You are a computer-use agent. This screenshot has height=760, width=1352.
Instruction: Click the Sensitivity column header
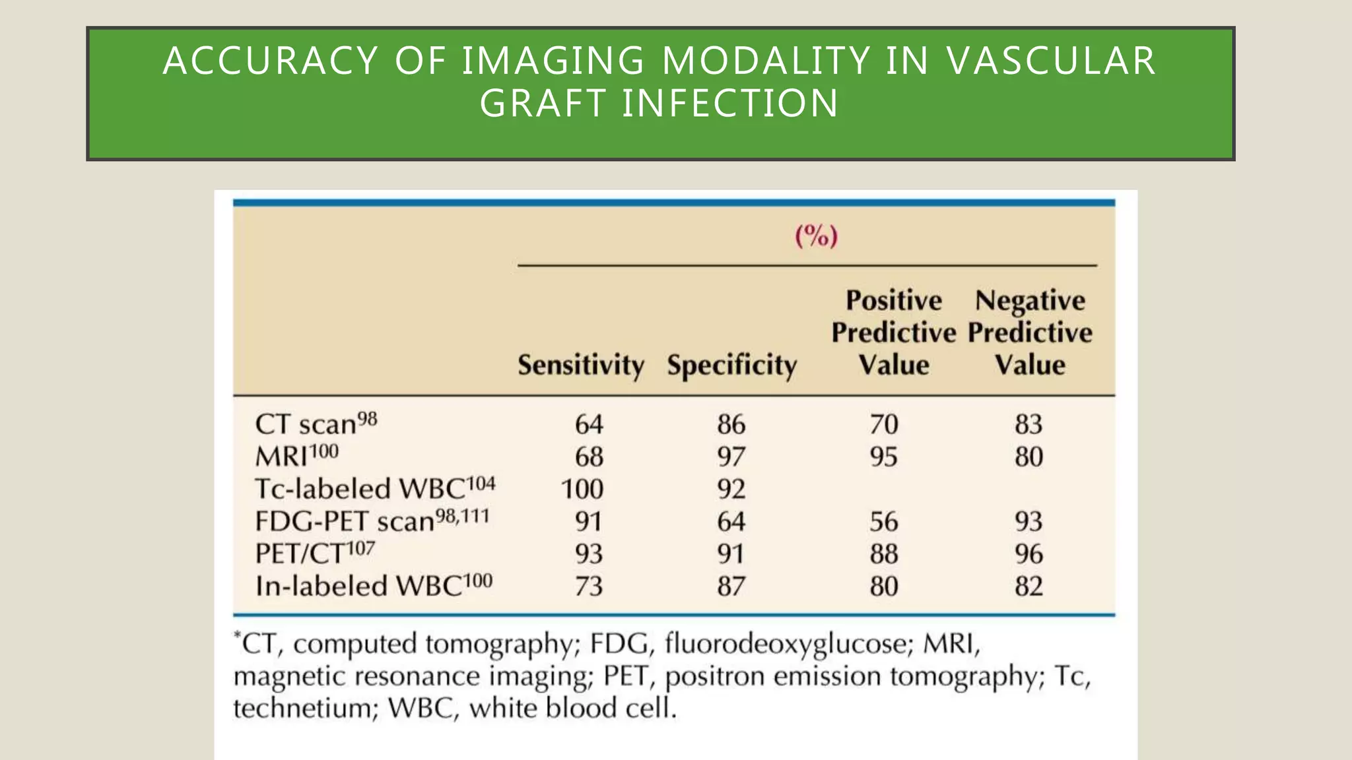[580, 365]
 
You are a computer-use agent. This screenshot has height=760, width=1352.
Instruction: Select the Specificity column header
[731, 365]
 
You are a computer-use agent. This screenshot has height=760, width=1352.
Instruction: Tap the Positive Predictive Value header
[893, 332]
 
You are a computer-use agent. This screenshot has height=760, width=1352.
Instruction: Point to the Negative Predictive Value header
[1030, 332]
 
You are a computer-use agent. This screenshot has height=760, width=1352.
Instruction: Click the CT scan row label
[316, 424]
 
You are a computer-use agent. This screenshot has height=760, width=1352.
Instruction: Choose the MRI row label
[296, 456]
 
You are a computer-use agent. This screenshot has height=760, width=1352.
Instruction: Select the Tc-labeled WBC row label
[374, 488]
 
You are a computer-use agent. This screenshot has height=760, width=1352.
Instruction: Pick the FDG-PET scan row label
[372, 521]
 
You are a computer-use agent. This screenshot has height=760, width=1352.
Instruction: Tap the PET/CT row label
[314, 553]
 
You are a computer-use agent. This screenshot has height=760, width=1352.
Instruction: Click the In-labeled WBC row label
[373, 585]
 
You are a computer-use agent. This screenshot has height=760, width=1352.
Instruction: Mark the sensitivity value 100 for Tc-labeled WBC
[582, 489]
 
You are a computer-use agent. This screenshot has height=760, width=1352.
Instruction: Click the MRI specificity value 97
[731, 457]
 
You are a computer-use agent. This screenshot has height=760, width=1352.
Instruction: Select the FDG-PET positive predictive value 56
[883, 521]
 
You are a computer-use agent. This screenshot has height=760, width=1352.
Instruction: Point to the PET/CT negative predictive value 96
[1029, 554]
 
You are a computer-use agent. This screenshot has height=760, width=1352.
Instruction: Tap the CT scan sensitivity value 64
[589, 424]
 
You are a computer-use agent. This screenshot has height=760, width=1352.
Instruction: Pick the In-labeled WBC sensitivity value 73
[589, 586]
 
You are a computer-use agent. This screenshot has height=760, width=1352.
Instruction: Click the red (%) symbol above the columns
[816, 236]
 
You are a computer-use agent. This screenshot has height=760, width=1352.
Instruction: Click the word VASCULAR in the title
[1051, 61]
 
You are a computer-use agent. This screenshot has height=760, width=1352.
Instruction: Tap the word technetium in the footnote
[304, 708]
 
